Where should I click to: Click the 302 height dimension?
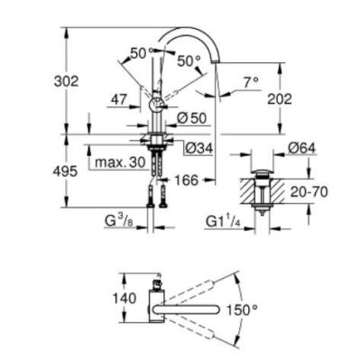(x=66, y=80)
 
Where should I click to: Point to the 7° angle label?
(x=252, y=81)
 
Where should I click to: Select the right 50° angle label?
(x=189, y=60)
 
